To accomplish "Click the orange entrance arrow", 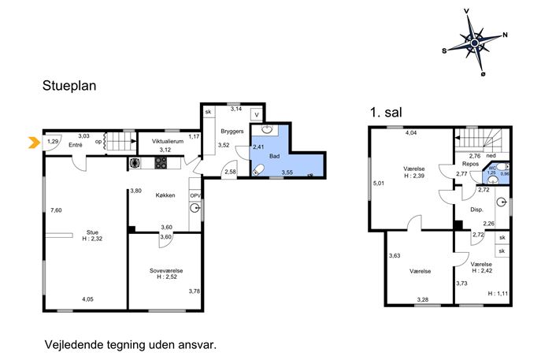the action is pyautogui.click(x=34, y=143).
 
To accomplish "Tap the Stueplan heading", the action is pyautogui.click(x=69, y=86).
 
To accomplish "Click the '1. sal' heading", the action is pyautogui.click(x=386, y=112).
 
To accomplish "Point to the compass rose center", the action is pyautogui.click(x=474, y=43).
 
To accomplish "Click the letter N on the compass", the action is pyautogui.click(x=505, y=35).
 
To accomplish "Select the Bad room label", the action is pyautogui.click(x=274, y=156).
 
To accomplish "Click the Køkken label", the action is pyautogui.click(x=165, y=195).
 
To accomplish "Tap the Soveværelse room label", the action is pyautogui.click(x=166, y=271).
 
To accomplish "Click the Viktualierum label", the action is pyautogui.click(x=168, y=141).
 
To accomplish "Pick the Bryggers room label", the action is pyautogui.click(x=232, y=132).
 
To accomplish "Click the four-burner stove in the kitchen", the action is pyautogui.click(x=160, y=162).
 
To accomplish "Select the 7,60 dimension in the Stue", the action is pyautogui.click(x=56, y=210).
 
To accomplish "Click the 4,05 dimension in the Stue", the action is pyautogui.click(x=87, y=299).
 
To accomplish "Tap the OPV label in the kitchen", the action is pyautogui.click(x=195, y=195).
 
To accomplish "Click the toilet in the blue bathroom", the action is pyautogui.click(x=258, y=170).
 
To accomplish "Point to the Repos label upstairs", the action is pyautogui.click(x=471, y=164).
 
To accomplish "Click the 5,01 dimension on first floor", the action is pyautogui.click(x=379, y=184).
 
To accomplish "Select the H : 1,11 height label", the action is pyautogui.click(x=498, y=294).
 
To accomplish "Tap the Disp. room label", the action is pyautogui.click(x=477, y=210).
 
